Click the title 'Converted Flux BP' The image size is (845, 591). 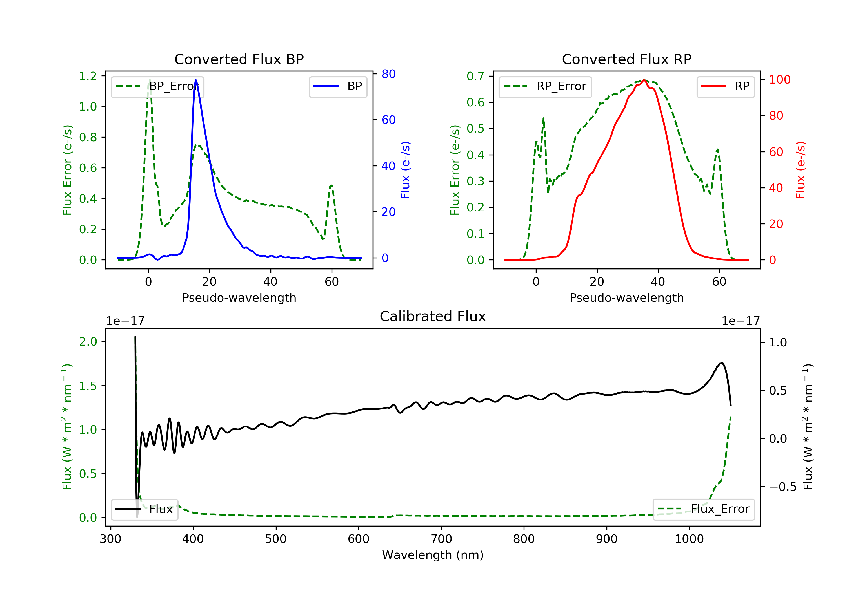point(239,59)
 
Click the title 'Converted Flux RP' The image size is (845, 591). point(626,59)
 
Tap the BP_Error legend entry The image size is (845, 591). point(157,86)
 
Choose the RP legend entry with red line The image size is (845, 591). point(725,86)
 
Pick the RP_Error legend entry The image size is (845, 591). point(545,86)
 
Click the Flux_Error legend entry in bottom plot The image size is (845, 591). point(703,509)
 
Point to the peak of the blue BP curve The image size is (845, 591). point(195,80)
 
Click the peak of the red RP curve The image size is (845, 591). point(644,80)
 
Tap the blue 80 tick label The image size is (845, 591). point(388,74)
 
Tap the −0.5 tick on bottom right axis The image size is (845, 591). point(783,487)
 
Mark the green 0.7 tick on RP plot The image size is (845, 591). point(475,76)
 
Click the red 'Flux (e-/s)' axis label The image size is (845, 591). point(801,170)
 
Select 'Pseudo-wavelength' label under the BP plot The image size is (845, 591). point(239,297)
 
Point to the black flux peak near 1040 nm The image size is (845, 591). point(722,363)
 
